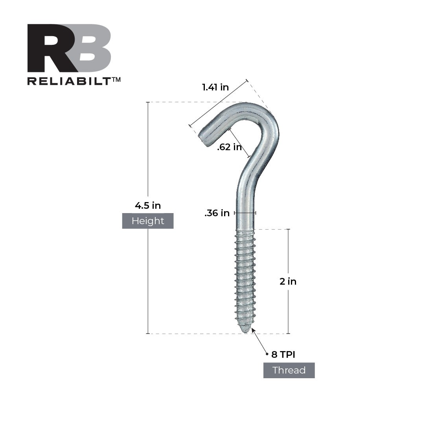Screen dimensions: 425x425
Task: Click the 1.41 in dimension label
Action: [215, 87]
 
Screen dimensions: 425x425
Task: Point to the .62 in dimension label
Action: [229, 147]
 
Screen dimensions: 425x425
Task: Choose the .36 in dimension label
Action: [217, 213]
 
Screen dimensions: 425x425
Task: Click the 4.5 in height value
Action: [148, 205]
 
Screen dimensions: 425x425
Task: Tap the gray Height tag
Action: [148, 221]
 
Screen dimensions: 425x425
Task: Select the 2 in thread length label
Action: [288, 281]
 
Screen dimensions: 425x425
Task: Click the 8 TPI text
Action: [283, 355]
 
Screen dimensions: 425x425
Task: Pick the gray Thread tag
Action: [289, 370]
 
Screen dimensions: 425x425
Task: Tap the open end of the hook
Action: [204, 138]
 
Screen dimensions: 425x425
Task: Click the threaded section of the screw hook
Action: [245, 279]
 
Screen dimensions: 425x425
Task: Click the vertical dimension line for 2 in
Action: [288, 256]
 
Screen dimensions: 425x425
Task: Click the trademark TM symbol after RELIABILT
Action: [116, 79]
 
